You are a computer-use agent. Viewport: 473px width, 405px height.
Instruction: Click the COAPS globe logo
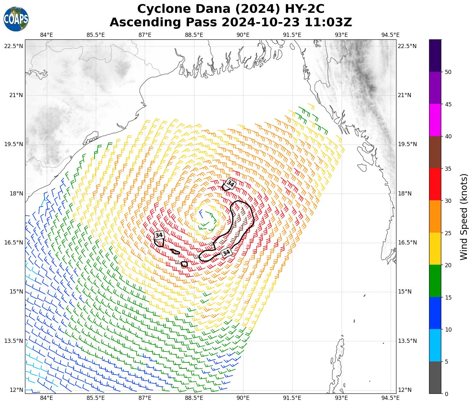(x=16, y=19)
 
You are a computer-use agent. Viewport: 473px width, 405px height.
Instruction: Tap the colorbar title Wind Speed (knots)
(x=464, y=217)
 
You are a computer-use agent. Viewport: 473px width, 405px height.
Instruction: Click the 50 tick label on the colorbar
(x=448, y=72)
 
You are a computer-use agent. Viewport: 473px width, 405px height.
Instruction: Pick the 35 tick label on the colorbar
(x=448, y=169)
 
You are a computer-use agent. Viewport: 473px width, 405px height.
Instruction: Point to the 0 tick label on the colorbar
(x=447, y=394)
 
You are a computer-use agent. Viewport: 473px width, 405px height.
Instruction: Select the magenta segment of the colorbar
(x=435, y=120)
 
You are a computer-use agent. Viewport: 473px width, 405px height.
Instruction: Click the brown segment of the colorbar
(x=435, y=152)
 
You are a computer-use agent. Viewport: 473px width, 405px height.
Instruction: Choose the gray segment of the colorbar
(x=435, y=377)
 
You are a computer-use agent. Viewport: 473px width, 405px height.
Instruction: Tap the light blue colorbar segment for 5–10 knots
(x=435, y=345)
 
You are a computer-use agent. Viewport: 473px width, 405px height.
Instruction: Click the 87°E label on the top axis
(x=145, y=35)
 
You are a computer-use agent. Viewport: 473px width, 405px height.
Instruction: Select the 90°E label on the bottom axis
(x=243, y=398)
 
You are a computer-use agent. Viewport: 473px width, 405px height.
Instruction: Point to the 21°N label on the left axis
(x=13, y=95)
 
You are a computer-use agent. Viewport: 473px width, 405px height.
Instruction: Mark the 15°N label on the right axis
(x=407, y=292)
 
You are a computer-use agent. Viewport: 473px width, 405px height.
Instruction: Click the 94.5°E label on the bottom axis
(x=390, y=398)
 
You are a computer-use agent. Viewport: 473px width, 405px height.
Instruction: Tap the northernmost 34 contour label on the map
(x=230, y=184)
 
